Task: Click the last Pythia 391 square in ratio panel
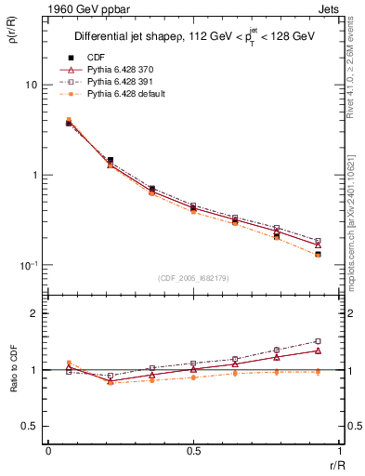(x=318, y=341)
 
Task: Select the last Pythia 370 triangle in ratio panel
(x=318, y=350)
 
